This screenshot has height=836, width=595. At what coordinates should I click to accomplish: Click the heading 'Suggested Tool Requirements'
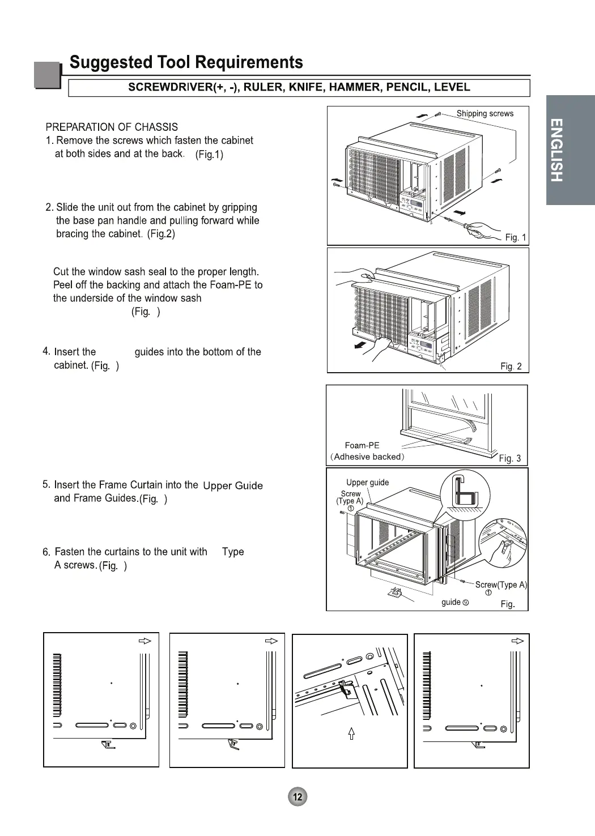[x=186, y=62]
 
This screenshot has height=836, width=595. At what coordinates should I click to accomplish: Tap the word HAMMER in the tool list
[x=355, y=87]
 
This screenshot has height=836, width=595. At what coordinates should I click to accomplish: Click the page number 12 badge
[x=297, y=797]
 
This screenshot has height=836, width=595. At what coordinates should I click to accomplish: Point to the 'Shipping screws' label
[x=484, y=113]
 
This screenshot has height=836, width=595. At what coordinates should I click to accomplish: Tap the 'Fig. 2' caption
[x=511, y=366]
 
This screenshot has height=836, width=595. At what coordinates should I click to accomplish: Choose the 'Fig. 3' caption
[x=509, y=458]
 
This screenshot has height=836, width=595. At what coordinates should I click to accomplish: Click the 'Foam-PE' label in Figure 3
[x=362, y=446]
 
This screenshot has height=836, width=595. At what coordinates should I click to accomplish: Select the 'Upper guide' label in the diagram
[x=367, y=483]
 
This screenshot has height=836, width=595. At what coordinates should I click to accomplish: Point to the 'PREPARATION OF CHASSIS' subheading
[x=112, y=127]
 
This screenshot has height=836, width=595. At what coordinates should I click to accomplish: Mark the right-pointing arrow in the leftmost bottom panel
[x=146, y=641]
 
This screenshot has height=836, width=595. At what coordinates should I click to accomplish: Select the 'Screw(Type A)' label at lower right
[x=500, y=585]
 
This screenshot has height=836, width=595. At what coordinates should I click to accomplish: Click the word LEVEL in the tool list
[x=452, y=87]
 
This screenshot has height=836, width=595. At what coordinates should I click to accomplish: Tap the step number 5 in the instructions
[x=46, y=484]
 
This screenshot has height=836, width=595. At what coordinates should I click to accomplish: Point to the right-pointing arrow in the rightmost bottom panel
[x=517, y=641]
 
